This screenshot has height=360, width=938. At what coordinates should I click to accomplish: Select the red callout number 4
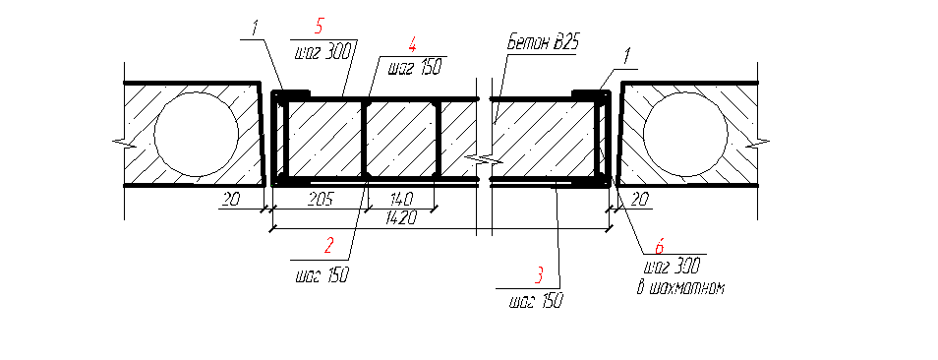(413, 45)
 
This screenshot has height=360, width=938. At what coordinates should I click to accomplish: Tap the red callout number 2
(328, 245)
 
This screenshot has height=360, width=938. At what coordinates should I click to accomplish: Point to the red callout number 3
(539, 276)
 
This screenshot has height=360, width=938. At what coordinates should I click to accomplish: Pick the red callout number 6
(659, 245)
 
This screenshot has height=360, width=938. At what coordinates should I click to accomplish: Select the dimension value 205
(322, 199)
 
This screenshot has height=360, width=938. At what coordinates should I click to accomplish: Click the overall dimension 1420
(400, 218)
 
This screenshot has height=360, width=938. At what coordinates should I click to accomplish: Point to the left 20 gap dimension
(230, 199)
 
